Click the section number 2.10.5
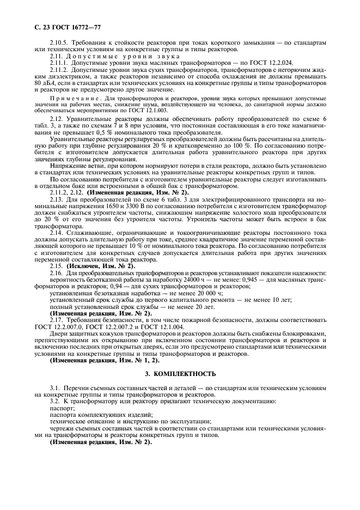(58, 42)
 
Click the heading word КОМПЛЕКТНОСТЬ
(188, 374)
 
